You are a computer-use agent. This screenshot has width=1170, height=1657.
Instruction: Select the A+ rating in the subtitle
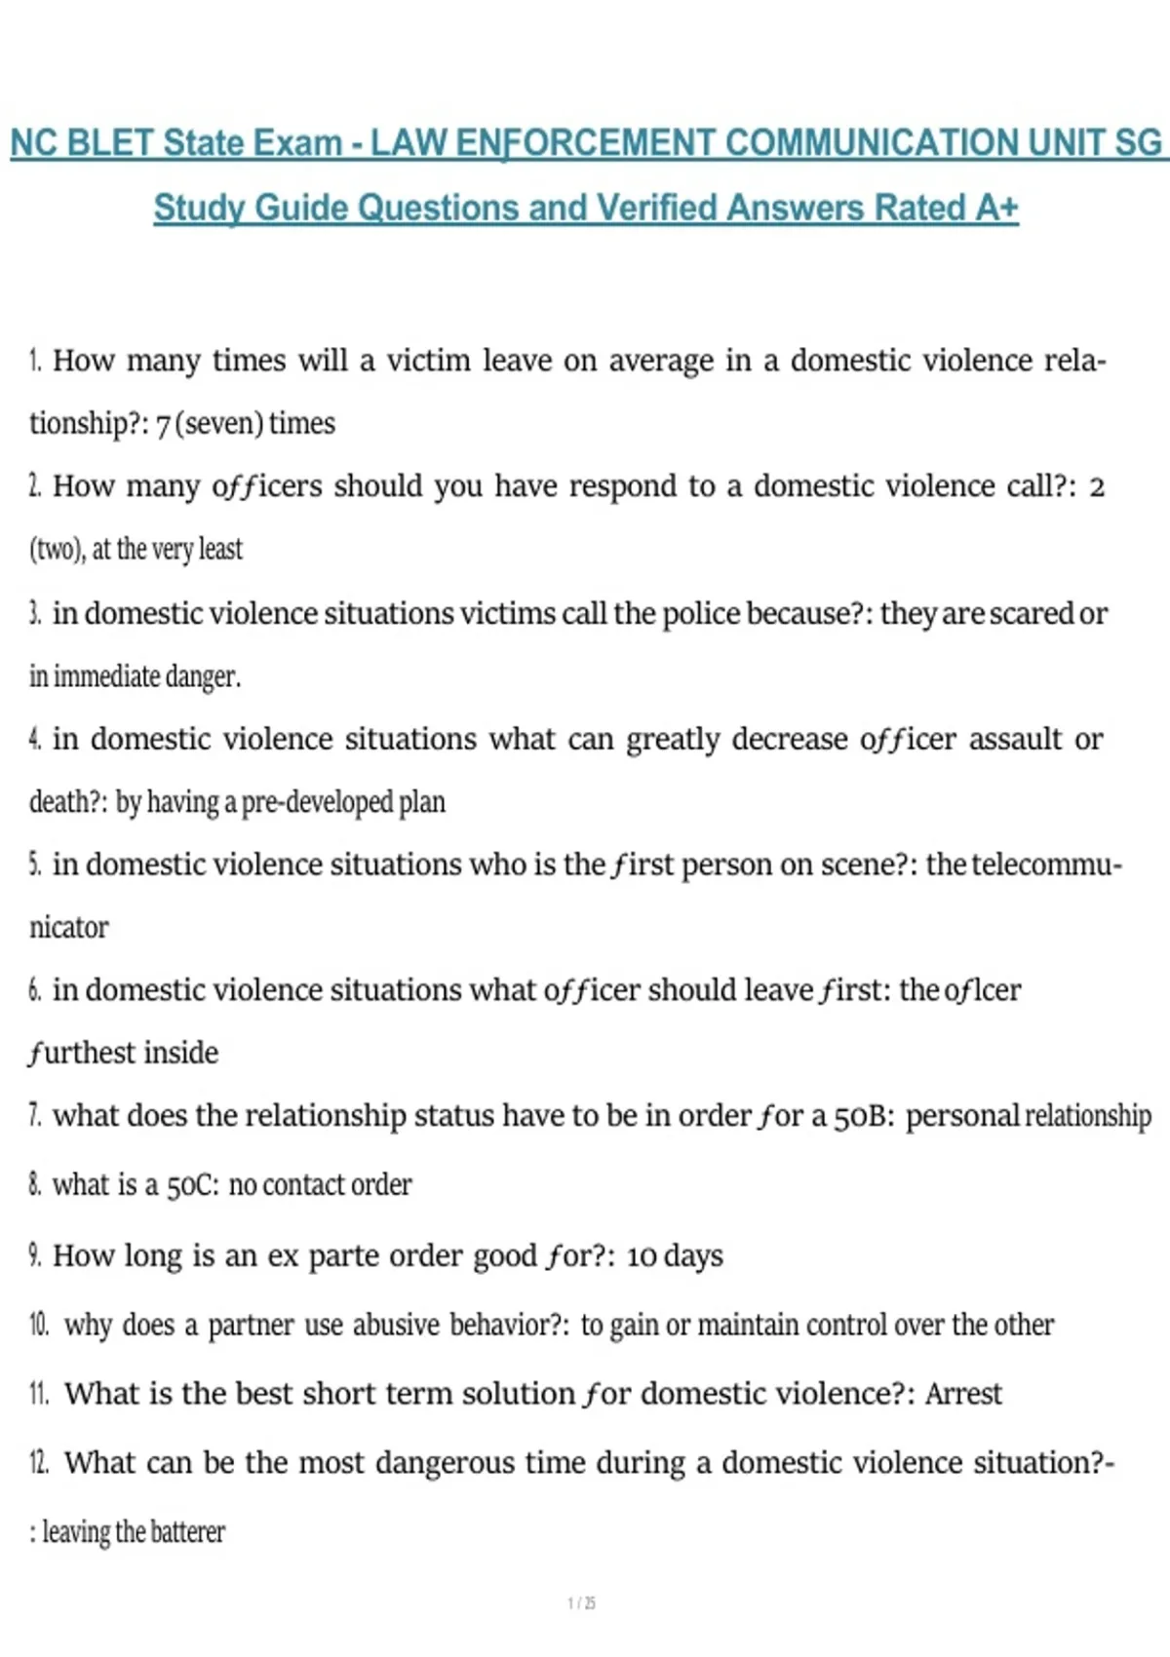point(995,208)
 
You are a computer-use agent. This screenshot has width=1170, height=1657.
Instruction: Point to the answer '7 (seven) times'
point(246,424)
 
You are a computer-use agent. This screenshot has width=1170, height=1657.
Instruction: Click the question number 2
point(35,485)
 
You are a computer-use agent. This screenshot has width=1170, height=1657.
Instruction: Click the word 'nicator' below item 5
point(69,927)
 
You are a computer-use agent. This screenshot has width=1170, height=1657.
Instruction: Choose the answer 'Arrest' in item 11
point(963,1394)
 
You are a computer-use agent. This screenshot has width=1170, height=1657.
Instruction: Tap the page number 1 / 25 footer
point(581,1603)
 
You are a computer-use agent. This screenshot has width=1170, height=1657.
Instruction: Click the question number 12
point(39,1463)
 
